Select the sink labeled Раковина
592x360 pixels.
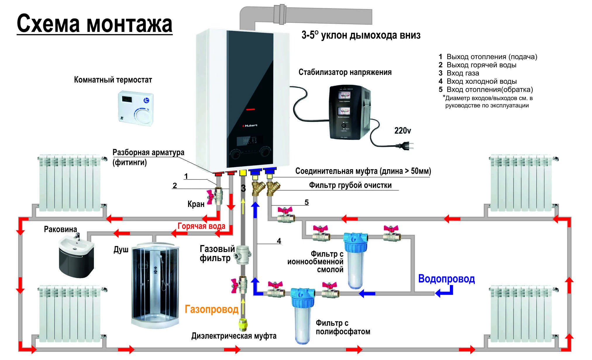[76, 255]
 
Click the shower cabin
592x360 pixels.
[155, 285]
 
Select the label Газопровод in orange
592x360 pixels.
[211, 309]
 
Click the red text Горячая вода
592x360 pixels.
[202, 226]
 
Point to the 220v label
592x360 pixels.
[402, 131]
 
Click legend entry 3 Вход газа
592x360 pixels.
[459, 73]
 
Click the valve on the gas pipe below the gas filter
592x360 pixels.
[241, 284]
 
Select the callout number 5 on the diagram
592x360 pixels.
[307, 202]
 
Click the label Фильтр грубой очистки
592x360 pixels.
[350, 185]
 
